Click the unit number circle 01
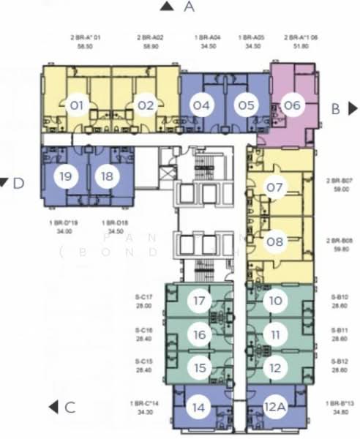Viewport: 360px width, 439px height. click(76, 105)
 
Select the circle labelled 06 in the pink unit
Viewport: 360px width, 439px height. click(291, 105)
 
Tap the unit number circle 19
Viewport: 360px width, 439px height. click(66, 176)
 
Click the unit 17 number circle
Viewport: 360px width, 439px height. click(199, 300)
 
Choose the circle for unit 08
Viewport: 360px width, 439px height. click(274, 241)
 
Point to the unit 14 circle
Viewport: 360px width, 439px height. click(199, 408)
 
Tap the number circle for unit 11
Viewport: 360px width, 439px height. click(274, 334)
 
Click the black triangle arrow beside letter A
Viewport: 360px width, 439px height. click(167, 7)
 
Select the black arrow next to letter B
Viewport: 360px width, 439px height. click(353, 109)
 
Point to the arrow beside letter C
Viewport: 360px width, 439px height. click(53, 408)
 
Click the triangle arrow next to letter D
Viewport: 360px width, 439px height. click(4, 182)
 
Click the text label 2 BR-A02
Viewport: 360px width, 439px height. click(151, 37)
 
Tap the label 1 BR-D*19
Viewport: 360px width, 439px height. click(64, 222)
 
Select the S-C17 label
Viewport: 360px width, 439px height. click(143, 296)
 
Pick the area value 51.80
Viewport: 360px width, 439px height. click(299, 45)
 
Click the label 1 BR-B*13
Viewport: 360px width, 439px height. click(340, 403)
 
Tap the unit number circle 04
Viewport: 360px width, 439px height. click(202, 105)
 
